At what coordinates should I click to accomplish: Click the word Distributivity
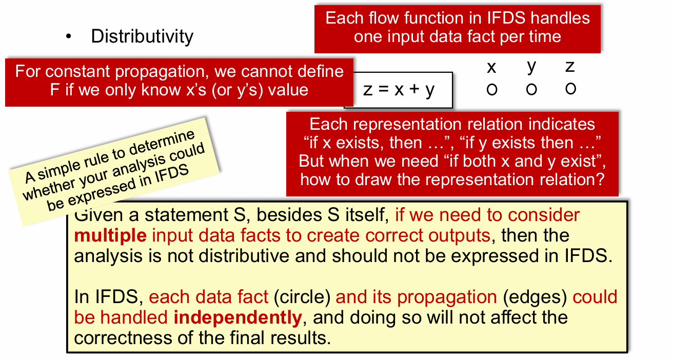(142, 36)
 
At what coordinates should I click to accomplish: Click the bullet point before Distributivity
(69, 36)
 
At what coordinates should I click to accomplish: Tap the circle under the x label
(492, 89)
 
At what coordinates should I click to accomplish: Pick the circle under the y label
(531, 89)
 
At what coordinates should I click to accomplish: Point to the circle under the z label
(570, 89)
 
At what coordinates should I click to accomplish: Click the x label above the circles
(491, 68)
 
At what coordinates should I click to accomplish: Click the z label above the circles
(570, 67)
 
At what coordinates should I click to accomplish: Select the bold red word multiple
(110, 235)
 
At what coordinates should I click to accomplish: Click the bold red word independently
(238, 317)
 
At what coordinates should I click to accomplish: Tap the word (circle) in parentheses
(302, 297)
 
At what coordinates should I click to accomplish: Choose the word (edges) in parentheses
(535, 297)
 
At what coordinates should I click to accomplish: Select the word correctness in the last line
(123, 338)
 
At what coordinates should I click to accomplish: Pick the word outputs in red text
(460, 236)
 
